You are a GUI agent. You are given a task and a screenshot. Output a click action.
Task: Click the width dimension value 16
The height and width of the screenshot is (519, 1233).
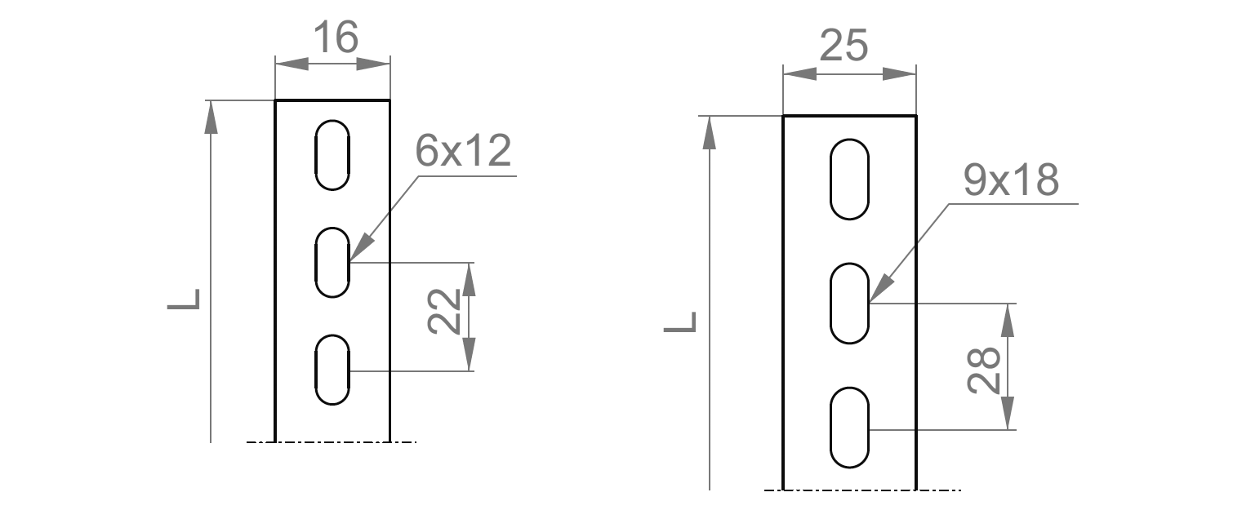pyautogui.click(x=336, y=37)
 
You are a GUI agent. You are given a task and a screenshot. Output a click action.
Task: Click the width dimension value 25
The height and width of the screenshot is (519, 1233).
pyautogui.click(x=844, y=45)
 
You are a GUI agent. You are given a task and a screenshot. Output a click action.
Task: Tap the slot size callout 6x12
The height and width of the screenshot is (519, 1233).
pyautogui.click(x=463, y=150)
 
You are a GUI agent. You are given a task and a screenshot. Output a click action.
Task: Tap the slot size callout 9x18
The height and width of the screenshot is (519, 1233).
pyautogui.click(x=1011, y=180)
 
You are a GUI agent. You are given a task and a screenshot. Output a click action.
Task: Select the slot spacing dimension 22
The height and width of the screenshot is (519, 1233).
pyautogui.click(x=444, y=311)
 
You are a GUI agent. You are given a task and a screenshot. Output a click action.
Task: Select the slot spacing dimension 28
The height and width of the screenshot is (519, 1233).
pyautogui.click(x=984, y=370)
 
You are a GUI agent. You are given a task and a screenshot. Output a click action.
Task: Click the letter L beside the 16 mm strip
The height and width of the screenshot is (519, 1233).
pyautogui.click(x=184, y=299)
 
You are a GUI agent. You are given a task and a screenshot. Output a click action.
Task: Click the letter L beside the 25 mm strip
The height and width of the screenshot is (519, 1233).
pyautogui.click(x=680, y=322)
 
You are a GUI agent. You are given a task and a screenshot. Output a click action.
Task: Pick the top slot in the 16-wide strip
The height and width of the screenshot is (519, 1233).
pyautogui.click(x=315, y=155)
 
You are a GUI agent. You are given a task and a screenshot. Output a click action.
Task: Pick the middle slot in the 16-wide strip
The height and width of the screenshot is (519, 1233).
pyautogui.click(x=315, y=263)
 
